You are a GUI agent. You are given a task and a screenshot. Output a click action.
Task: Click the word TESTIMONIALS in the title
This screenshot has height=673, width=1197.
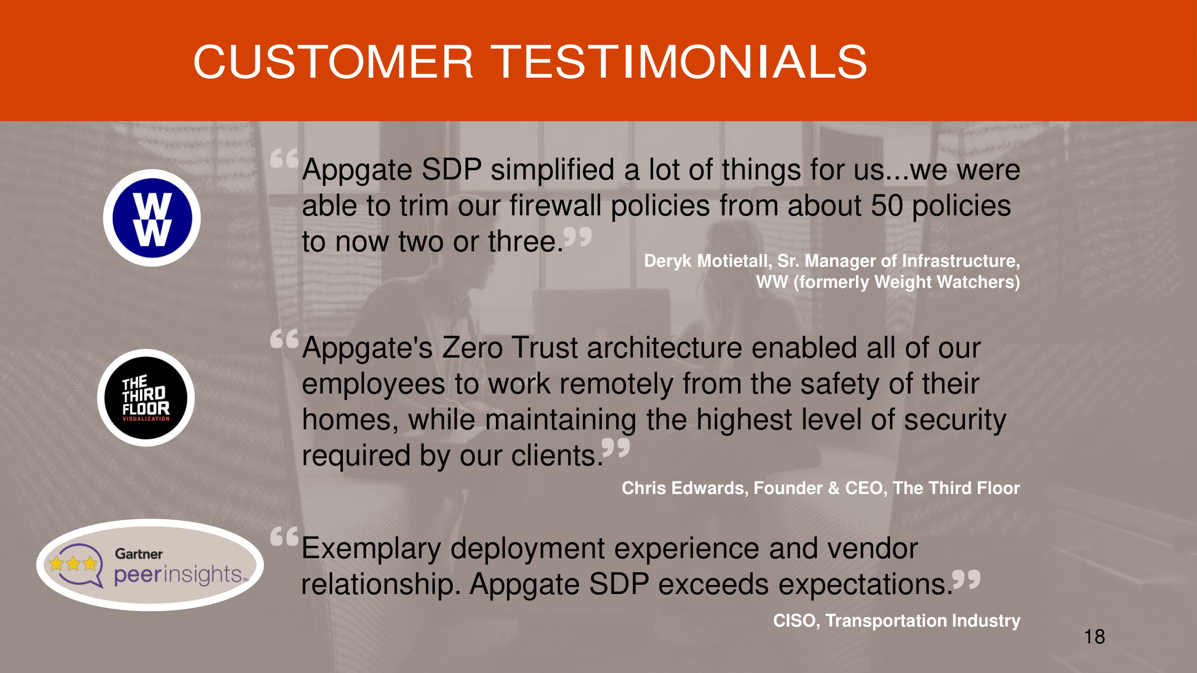(x=680, y=62)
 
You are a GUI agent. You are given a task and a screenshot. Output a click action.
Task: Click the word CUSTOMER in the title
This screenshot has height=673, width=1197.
(x=333, y=62)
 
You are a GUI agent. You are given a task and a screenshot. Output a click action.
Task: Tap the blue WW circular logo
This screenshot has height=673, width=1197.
(x=152, y=218)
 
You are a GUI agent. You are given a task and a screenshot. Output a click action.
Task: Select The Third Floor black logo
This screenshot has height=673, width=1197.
(x=146, y=398)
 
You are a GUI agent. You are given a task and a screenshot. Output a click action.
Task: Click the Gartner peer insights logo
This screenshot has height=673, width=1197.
(x=150, y=565)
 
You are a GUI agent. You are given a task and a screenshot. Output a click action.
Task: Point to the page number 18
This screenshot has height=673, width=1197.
(x=1094, y=637)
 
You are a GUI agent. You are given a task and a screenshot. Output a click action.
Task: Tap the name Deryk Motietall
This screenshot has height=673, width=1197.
(x=708, y=261)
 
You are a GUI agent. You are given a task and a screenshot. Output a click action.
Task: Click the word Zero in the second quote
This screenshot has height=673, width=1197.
(x=472, y=348)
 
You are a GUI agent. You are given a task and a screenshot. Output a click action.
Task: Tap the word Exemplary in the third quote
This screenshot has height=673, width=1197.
(x=371, y=550)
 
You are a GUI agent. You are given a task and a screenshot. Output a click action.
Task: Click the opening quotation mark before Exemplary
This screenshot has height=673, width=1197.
(x=285, y=537)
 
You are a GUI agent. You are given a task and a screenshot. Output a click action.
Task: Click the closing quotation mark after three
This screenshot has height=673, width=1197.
(x=578, y=237)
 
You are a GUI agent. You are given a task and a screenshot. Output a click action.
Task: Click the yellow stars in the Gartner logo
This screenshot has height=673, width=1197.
(x=73, y=564)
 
